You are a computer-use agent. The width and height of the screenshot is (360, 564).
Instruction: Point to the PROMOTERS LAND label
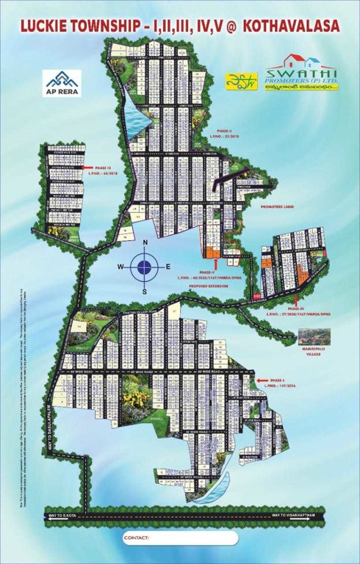277,207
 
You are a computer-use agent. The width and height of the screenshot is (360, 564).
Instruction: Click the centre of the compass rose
145,267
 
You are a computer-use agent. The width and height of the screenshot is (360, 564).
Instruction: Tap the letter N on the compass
145,243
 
